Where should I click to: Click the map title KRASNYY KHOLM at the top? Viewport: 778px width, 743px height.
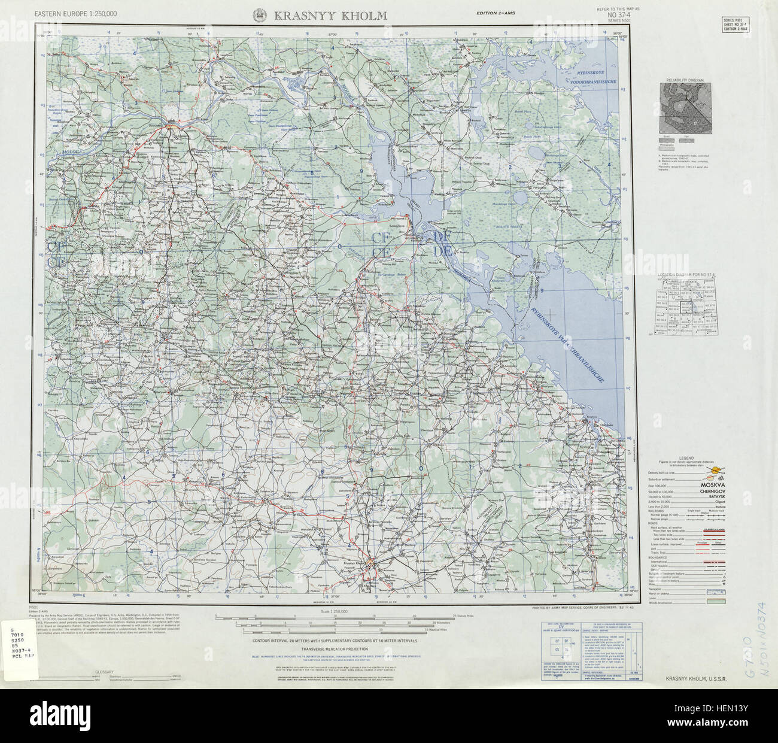330,16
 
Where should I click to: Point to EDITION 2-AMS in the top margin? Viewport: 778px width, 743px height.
498,13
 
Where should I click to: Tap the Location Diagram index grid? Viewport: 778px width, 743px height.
686,305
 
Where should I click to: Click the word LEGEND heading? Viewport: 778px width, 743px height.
686,458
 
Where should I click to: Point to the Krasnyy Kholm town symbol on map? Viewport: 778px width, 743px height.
371,564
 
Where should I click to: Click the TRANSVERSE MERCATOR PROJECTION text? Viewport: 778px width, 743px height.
335,649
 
